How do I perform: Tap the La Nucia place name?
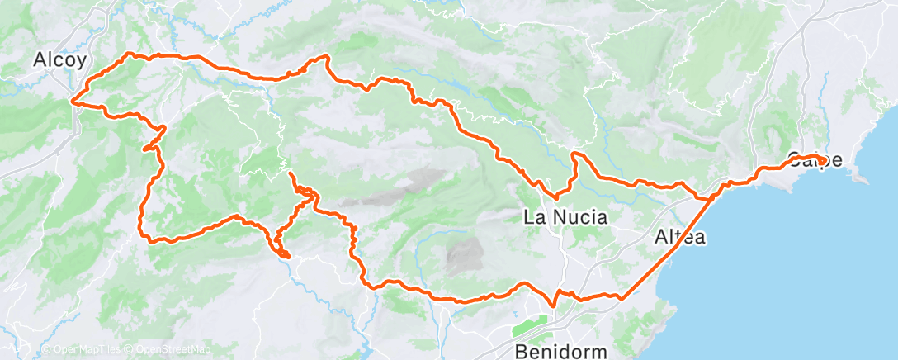566,218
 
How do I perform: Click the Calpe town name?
815,159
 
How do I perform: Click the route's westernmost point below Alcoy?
73,102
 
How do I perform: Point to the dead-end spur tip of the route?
291,173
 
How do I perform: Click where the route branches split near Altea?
708,198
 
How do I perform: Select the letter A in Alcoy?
39,59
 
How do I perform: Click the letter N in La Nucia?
553,218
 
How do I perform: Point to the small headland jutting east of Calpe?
863,177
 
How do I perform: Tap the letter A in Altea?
660,238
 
